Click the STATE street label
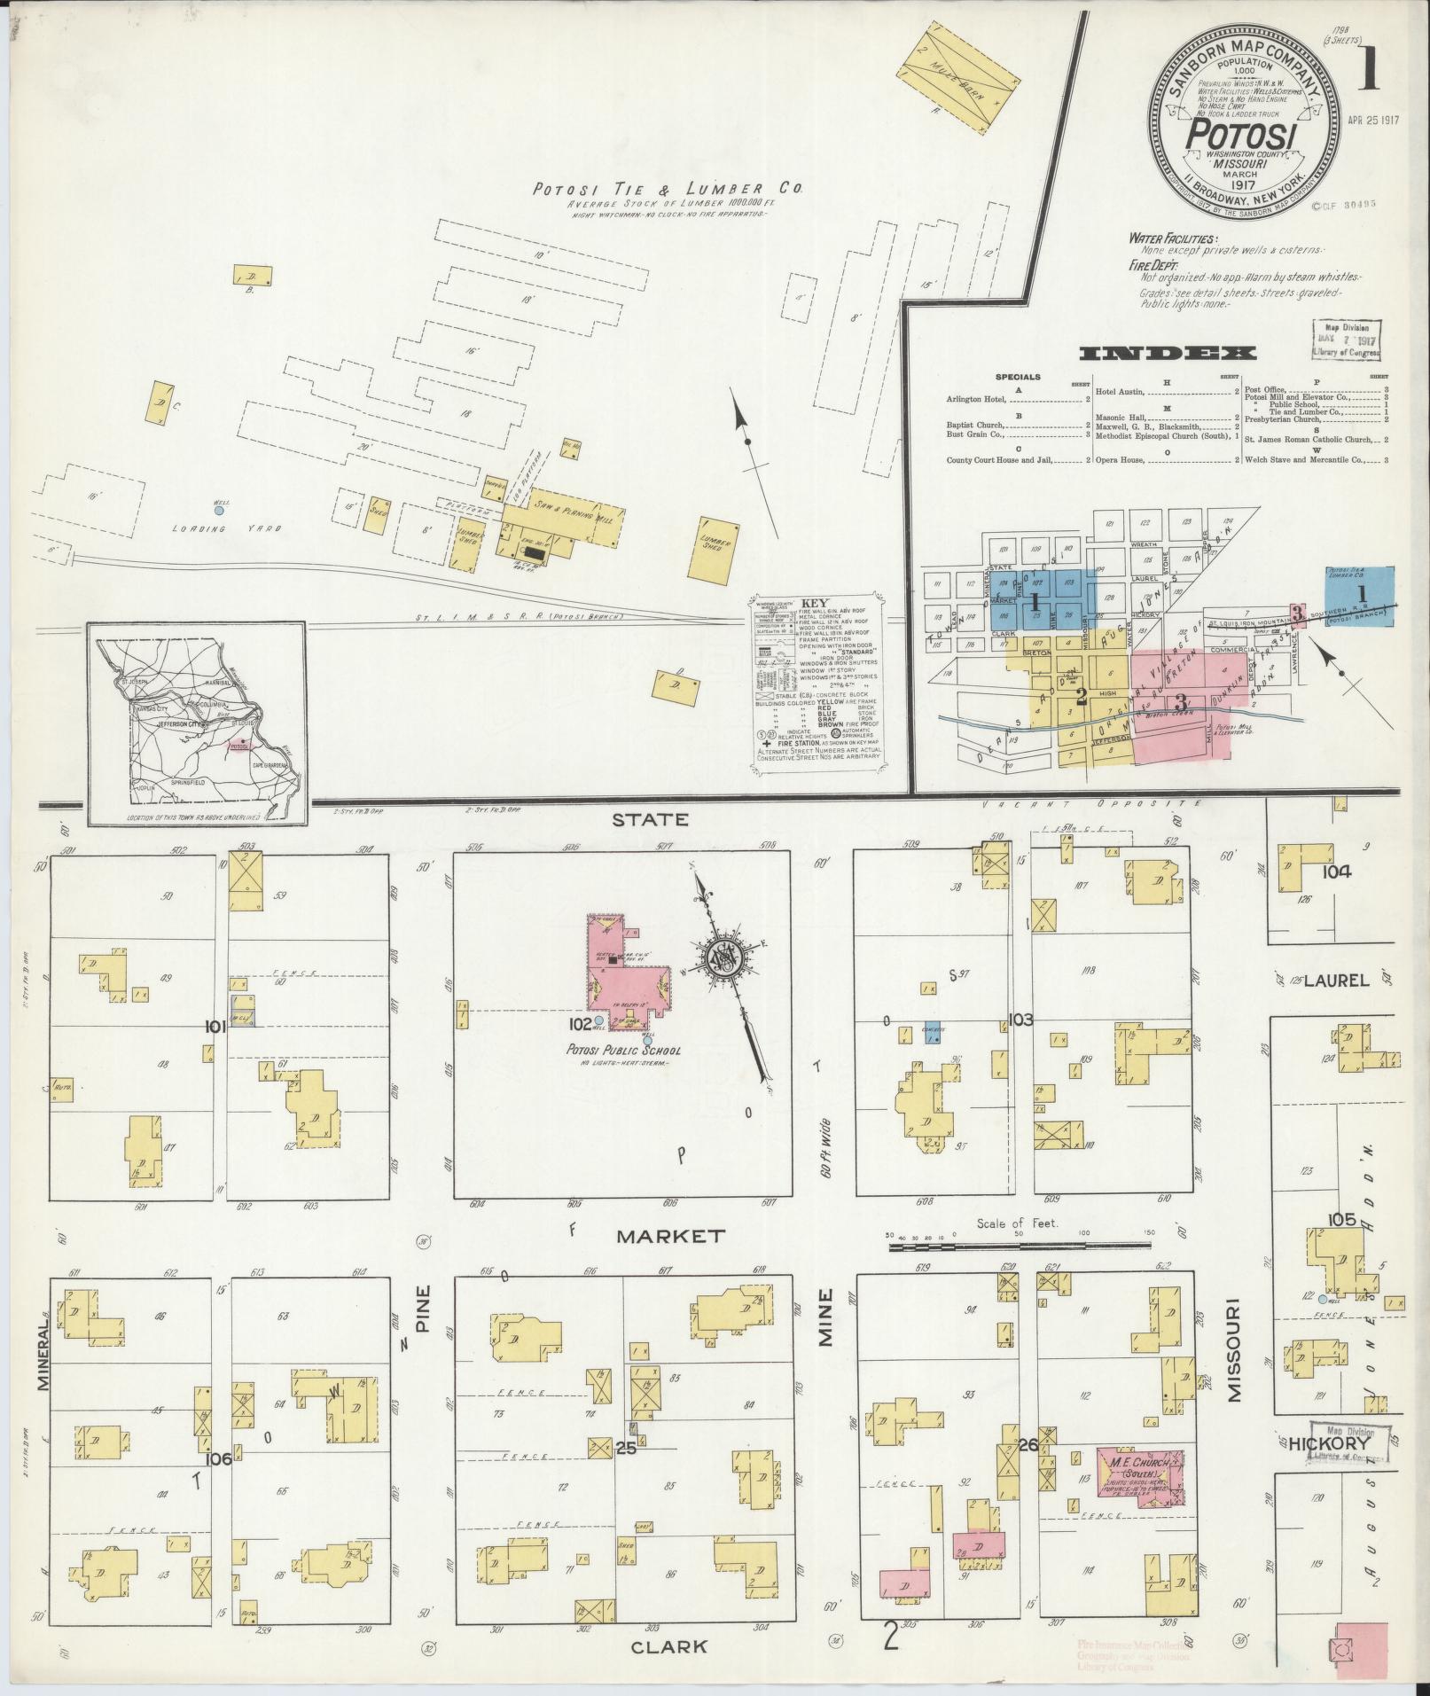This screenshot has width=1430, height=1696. pos(650,819)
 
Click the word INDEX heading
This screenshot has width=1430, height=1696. pos(1167,353)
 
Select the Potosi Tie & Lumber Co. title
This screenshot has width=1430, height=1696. pos(667,189)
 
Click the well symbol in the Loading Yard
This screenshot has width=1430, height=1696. pos(219,510)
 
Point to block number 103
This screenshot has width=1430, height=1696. pos(1020,1020)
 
